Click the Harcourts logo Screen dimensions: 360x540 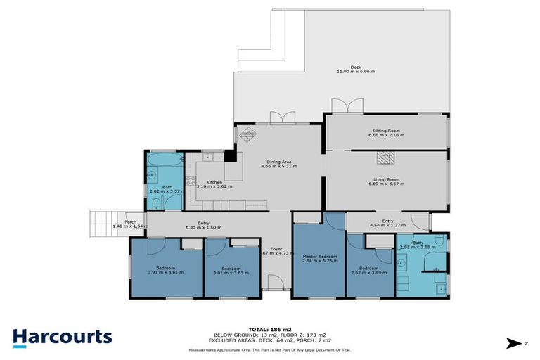click(62, 336)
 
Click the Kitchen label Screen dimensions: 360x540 click(214, 182)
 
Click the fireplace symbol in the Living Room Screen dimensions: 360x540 click(386, 157)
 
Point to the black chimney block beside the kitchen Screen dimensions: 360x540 click(229, 156)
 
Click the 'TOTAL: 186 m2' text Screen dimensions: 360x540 click(269, 328)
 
